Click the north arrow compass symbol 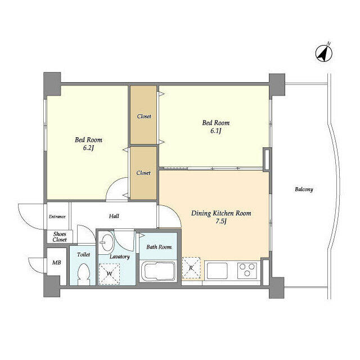point(324,53)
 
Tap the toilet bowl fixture point(83,274)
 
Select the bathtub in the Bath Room point(159,271)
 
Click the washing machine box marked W point(109,274)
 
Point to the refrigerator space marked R point(191,268)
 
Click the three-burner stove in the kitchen point(247,271)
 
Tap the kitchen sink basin point(217,271)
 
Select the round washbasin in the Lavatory point(106,242)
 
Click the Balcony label point(304,190)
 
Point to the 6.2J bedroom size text point(88,148)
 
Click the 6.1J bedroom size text point(216,131)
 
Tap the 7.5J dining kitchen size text point(221,222)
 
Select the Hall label point(114,216)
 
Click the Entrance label point(57,217)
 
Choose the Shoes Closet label point(60,237)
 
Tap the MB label point(56,262)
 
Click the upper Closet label point(144,116)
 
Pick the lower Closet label point(143,173)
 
